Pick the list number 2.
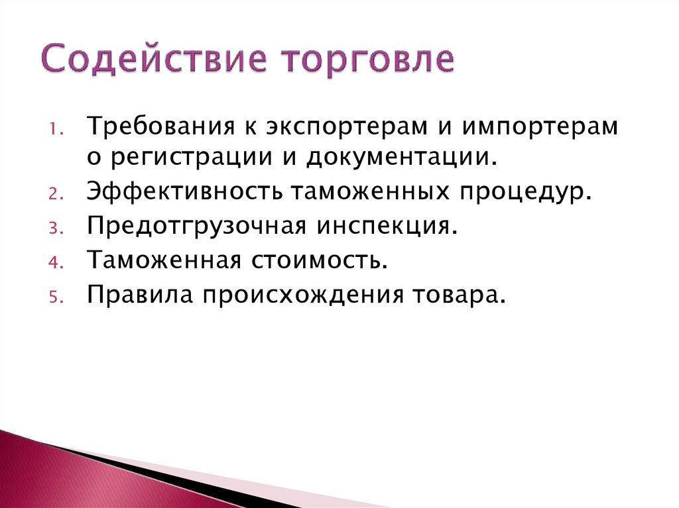54,197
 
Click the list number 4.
54,262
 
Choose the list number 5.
54,296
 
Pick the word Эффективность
185,193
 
